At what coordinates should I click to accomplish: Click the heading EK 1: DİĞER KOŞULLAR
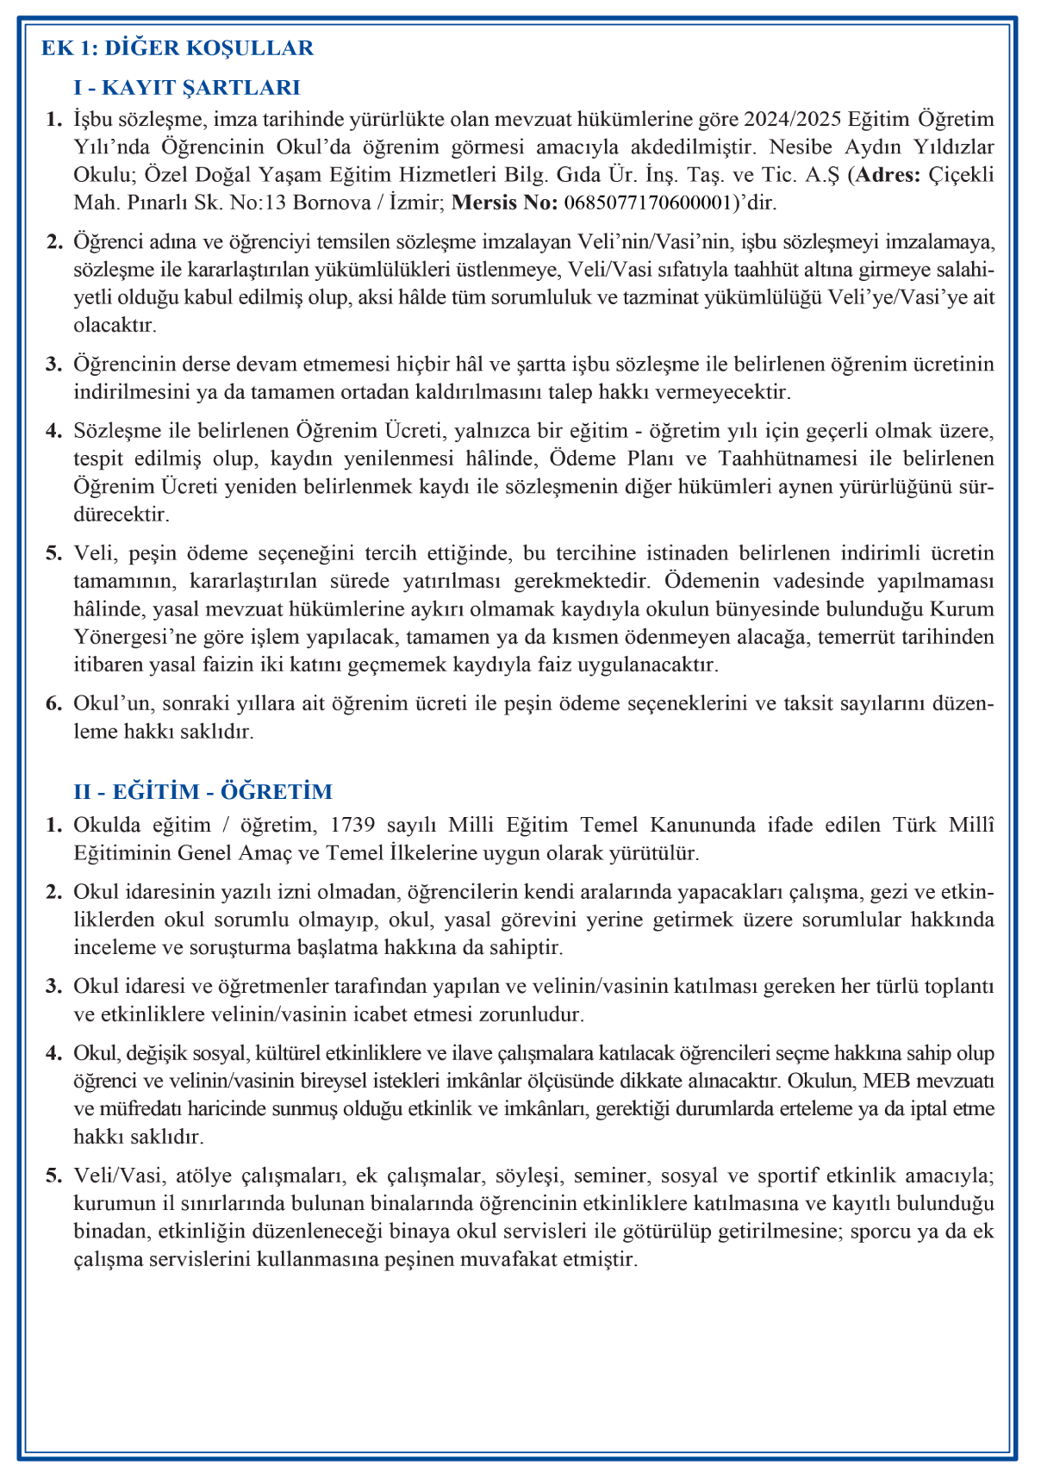click(178, 48)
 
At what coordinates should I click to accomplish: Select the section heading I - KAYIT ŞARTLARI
click(187, 87)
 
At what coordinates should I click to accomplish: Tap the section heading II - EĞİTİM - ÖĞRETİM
click(203, 791)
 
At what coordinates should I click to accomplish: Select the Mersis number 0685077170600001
click(648, 203)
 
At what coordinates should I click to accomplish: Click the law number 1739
click(352, 825)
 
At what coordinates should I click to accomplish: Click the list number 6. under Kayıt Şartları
click(54, 703)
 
